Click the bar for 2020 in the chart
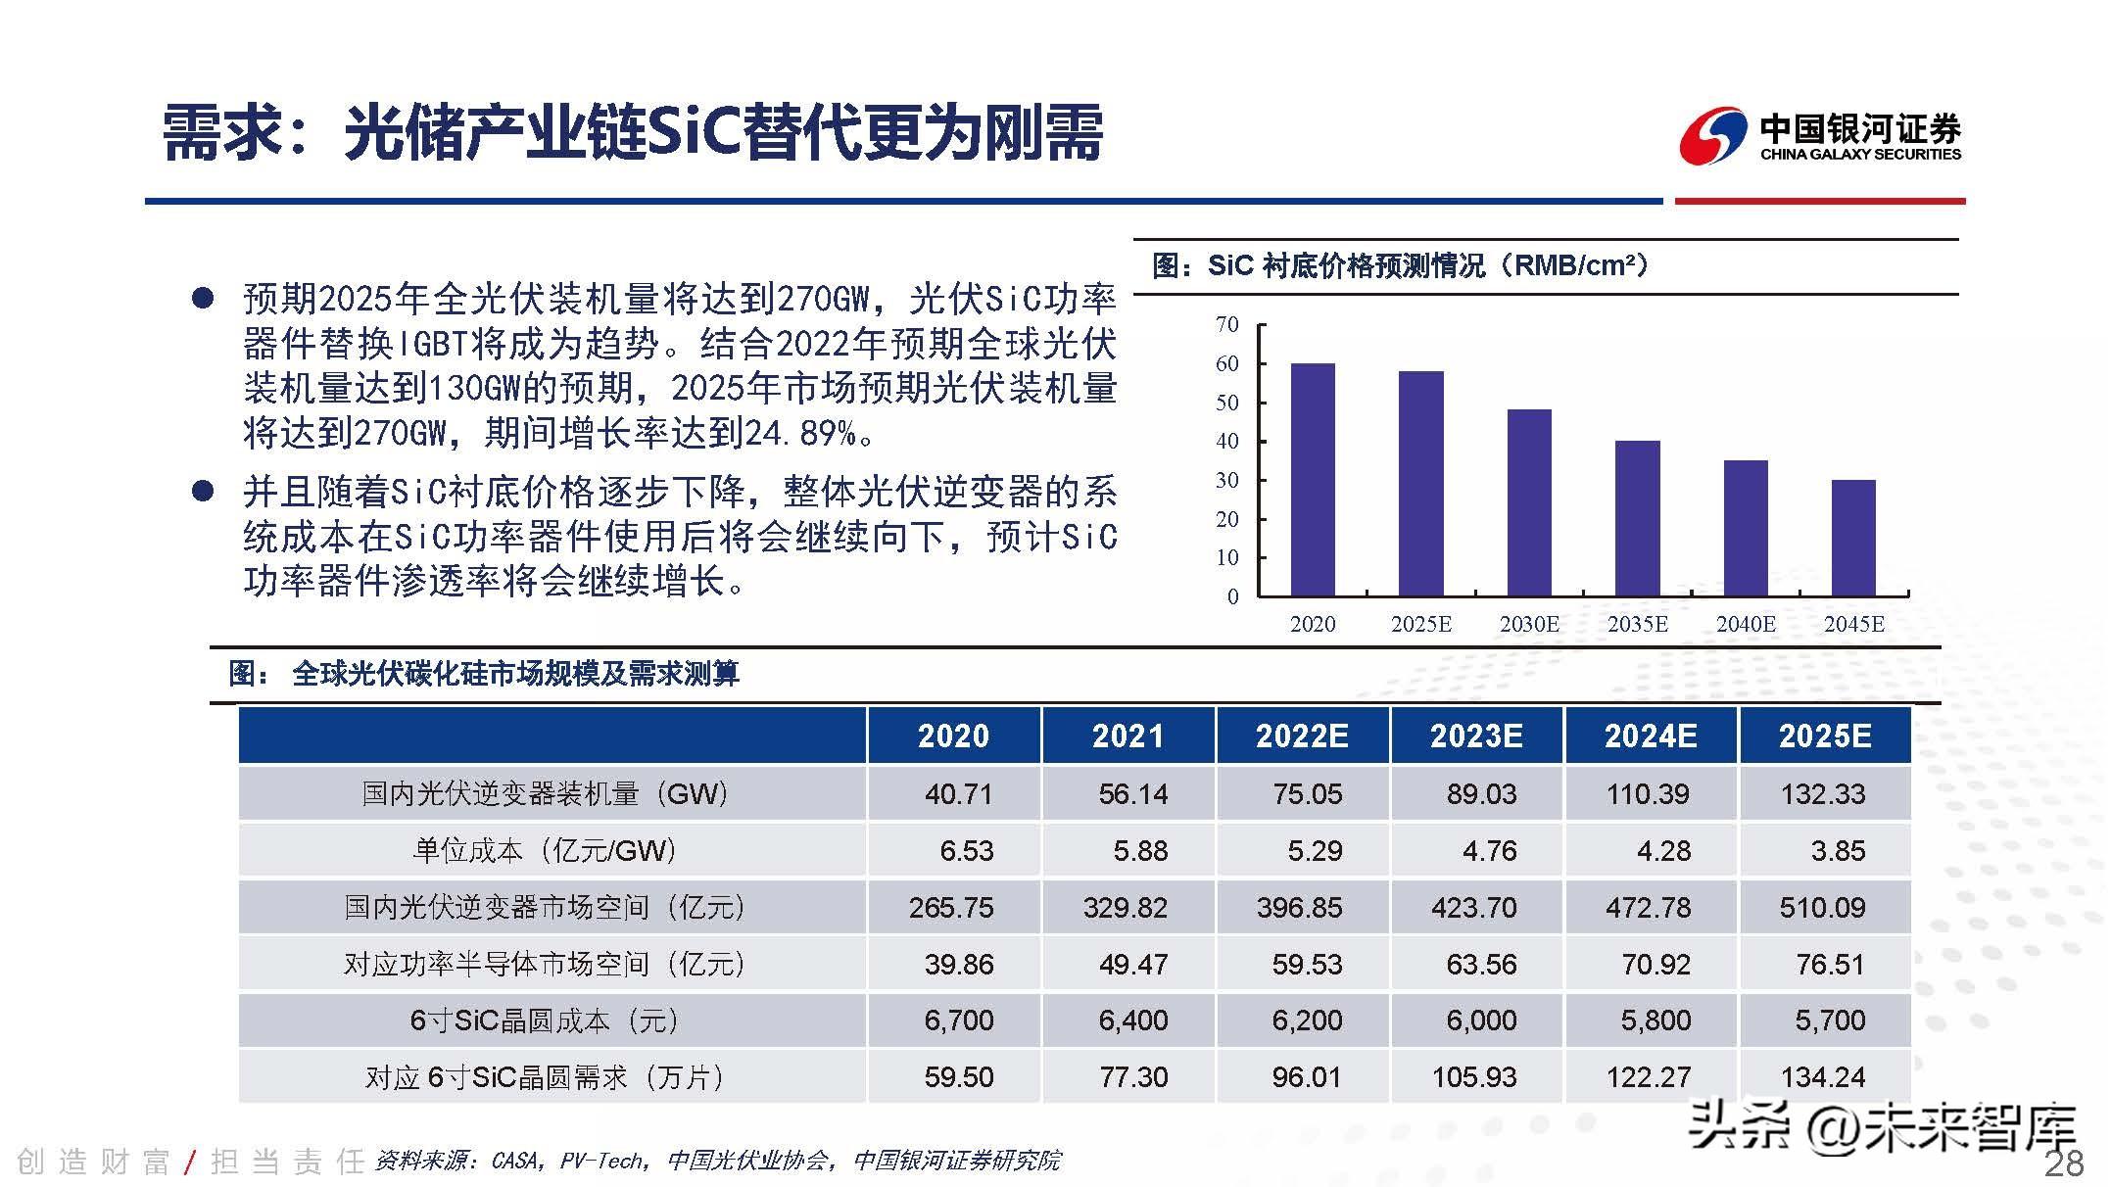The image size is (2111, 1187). (x=1312, y=480)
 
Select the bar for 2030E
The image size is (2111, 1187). (x=1528, y=502)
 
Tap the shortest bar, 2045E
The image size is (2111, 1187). (x=1853, y=538)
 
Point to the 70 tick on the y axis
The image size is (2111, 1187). (x=1227, y=325)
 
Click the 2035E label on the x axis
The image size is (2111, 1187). (x=1637, y=624)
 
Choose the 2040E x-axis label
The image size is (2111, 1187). (x=1746, y=624)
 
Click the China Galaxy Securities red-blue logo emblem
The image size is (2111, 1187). (x=1711, y=136)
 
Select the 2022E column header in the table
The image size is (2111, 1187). (x=1302, y=736)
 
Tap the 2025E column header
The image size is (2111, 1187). (x=1824, y=736)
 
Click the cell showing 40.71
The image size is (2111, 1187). (x=958, y=793)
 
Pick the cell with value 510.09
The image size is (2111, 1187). (x=1822, y=907)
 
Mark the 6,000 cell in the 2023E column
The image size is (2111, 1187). (x=1481, y=1021)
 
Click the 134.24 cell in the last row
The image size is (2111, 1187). (x=1822, y=1077)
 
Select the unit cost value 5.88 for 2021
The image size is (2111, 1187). (x=1140, y=850)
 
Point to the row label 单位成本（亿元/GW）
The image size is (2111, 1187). (x=545, y=850)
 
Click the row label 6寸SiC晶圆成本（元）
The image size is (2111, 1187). (x=545, y=1021)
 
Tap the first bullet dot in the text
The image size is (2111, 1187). (x=203, y=299)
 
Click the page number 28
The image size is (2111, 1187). (x=2064, y=1163)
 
